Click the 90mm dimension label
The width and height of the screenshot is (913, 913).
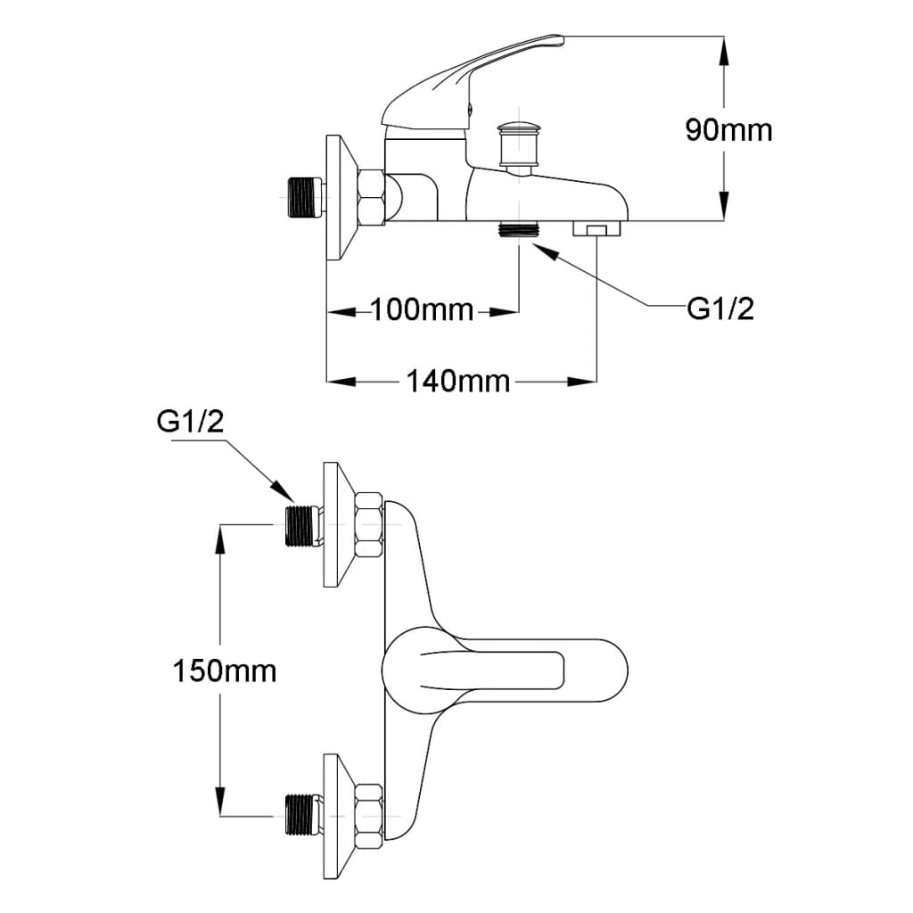(728, 130)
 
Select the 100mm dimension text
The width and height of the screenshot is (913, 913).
(422, 311)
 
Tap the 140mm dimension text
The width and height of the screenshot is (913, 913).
(458, 382)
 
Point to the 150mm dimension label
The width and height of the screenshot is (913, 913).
(224, 670)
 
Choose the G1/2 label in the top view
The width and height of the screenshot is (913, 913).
(190, 423)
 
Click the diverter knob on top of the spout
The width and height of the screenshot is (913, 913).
(516, 143)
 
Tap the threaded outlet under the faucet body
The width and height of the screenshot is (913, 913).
(519, 229)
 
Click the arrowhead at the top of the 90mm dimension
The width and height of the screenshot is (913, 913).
(723, 49)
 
